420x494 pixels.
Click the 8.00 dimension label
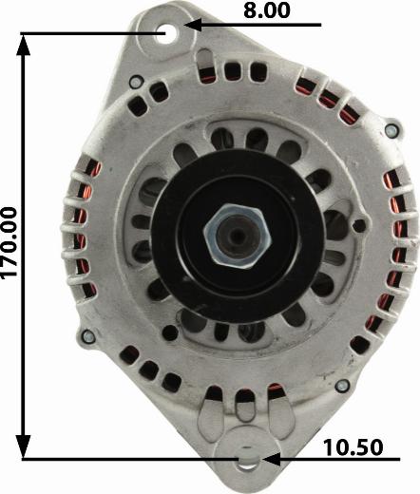267,10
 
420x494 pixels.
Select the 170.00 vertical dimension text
9,243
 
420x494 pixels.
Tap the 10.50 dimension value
353,447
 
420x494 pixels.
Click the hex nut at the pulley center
237,235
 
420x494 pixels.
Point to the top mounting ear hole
165,33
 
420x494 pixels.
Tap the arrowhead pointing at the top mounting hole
193,25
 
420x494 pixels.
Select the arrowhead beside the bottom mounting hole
271,459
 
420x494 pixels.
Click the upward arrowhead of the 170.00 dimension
23,46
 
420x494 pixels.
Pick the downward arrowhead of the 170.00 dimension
23,446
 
